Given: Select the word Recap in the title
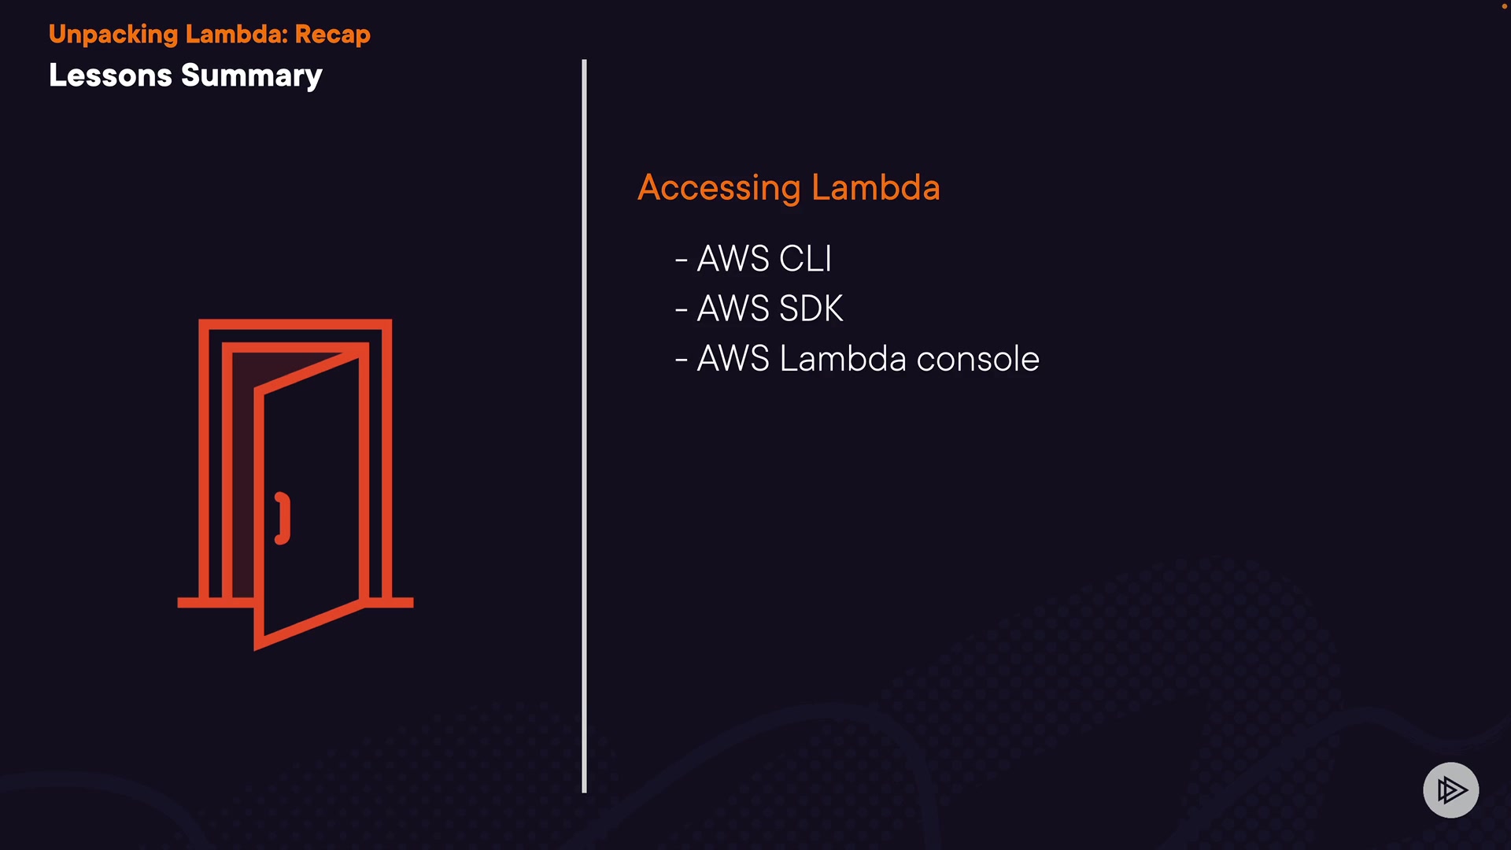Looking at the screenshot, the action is tap(332, 35).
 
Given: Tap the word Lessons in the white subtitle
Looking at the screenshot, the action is tap(110, 76).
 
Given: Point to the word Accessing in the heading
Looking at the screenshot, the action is tap(719, 188).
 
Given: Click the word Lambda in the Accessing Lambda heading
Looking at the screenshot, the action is tap(875, 187).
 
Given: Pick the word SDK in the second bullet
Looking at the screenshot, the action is tap(811, 309).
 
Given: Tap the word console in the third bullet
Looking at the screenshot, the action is tap(977, 359).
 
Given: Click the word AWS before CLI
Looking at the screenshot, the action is tap(733, 259).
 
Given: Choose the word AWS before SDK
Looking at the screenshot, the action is tap(733, 309).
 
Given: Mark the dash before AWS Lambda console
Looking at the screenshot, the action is tap(682, 360).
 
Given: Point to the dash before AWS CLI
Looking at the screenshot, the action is tap(682, 260).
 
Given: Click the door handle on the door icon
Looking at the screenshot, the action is tap(283, 518).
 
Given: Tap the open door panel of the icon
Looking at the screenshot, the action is tap(315, 504).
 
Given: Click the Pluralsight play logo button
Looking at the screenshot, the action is tap(1450, 789).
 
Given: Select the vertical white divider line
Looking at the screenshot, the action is tap(584, 425).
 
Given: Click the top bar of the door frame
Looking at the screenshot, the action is tap(295, 324).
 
